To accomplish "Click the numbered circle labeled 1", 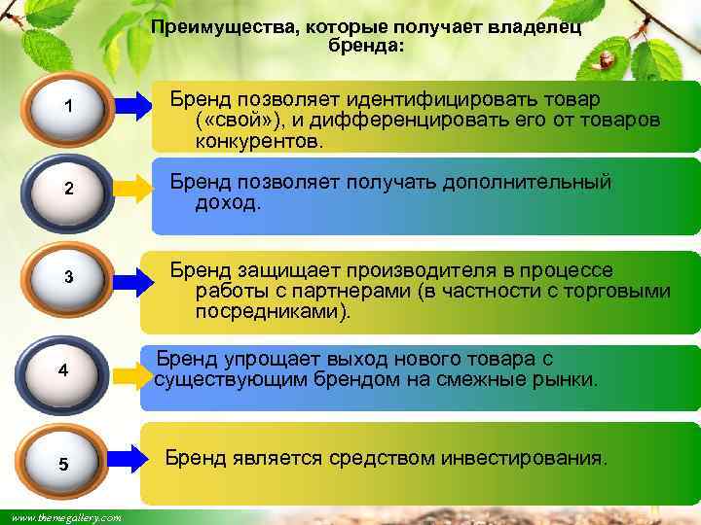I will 67,108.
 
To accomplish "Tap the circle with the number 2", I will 67,190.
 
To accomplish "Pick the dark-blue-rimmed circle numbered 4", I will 62,370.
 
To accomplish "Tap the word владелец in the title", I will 534,29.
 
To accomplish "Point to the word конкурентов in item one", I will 256,141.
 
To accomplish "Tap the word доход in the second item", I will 226,202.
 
